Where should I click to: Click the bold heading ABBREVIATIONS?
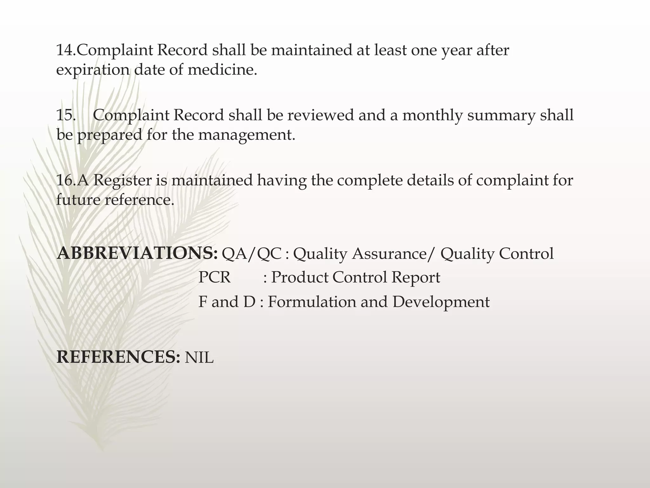pyautogui.click(x=137, y=254)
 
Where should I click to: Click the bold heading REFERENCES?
pyautogui.click(x=118, y=357)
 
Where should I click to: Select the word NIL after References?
pyautogui.click(x=199, y=358)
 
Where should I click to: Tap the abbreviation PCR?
pyautogui.click(x=214, y=277)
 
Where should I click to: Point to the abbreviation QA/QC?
pyautogui.click(x=251, y=254)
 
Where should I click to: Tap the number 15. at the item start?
pyautogui.click(x=66, y=115)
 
